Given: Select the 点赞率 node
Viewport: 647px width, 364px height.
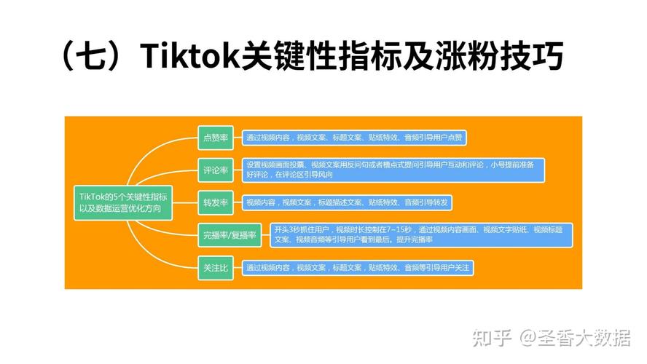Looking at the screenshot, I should click(x=216, y=137).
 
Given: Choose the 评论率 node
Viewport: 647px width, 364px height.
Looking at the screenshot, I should click(x=216, y=170).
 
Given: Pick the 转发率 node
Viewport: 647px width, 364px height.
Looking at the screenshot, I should click(x=216, y=202).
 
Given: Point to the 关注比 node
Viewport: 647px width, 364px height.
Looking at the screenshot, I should click(x=216, y=268).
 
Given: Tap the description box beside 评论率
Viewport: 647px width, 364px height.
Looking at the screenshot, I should click(x=393, y=170).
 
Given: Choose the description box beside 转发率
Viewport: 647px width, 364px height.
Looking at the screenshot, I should click(x=349, y=202).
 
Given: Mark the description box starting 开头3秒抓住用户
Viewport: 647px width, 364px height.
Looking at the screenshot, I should click(x=420, y=234).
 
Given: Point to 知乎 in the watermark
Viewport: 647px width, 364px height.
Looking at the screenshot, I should click(x=490, y=338).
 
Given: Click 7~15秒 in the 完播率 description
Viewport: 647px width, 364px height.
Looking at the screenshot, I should click(x=398, y=229).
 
